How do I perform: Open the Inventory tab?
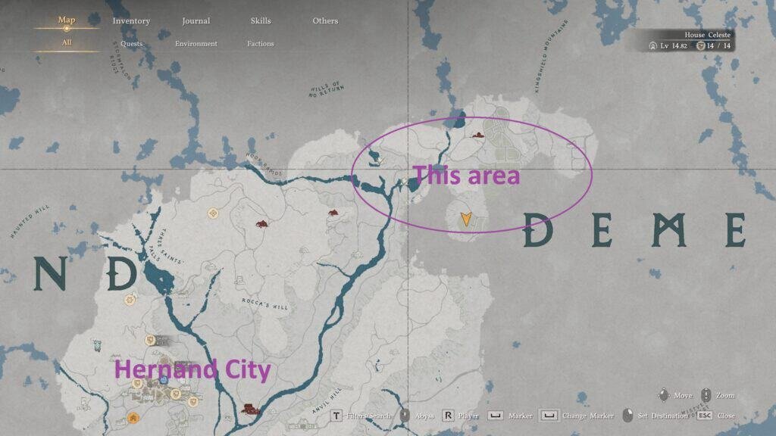(x=131, y=21)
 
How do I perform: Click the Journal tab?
(x=196, y=21)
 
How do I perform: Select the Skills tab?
(x=261, y=21)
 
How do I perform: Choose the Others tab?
(x=325, y=21)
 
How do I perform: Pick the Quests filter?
(x=131, y=44)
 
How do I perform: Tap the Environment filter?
(x=196, y=44)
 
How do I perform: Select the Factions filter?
(x=261, y=44)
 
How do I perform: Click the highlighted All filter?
(x=67, y=43)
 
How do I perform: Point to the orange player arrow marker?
(x=465, y=220)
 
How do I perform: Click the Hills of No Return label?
(x=326, y=89)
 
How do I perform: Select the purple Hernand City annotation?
(x=192, y=370)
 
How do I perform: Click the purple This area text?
(x=466, y=176)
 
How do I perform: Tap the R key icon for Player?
(x=448, y=416)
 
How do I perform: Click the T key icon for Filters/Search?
(x=336, y=416)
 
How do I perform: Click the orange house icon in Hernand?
(x=133, y=417)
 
